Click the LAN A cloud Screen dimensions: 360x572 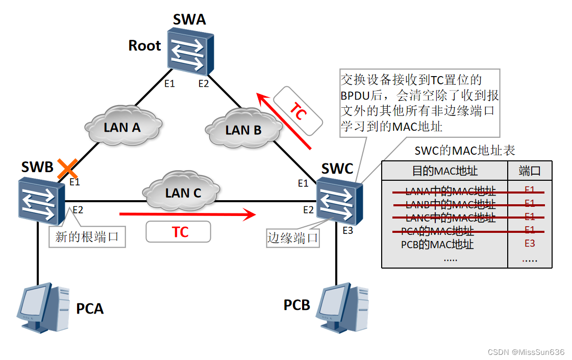pos(122,127)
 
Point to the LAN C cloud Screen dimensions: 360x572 pos(183,193)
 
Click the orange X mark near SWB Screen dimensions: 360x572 pos(67,167)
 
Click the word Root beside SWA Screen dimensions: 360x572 pos(144,46)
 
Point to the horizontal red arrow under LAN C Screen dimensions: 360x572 pos(187,214)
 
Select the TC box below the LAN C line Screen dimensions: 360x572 pos(178,232)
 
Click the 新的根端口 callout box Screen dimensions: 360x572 pos(87,237)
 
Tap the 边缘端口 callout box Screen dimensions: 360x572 pos(293,237)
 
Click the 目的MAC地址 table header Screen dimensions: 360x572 pos(444,171)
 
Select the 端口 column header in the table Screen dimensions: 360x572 pos(529,171)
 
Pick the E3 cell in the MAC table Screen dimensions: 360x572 pos(530,244)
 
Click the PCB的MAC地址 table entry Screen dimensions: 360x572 pos(437,245)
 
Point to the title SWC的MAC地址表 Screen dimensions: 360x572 pos(465,150)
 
